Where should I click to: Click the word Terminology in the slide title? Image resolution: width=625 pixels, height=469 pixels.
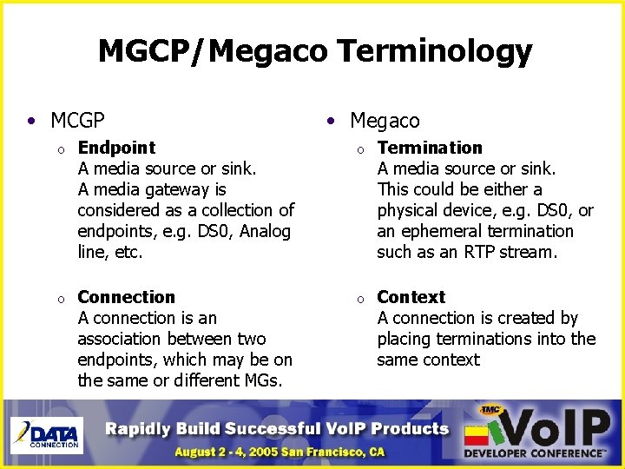434,51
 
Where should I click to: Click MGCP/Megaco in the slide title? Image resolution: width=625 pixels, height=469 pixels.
214,51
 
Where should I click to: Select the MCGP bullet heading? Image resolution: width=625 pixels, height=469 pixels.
77,119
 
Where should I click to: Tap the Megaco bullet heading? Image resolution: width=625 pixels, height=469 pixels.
384,121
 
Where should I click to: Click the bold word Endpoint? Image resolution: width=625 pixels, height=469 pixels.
116,148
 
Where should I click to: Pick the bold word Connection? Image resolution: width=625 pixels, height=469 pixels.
126,297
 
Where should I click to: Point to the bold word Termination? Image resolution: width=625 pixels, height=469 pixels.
429,148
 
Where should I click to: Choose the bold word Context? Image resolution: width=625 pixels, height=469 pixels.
411,297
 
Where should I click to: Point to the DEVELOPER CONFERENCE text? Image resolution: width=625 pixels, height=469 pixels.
535,453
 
